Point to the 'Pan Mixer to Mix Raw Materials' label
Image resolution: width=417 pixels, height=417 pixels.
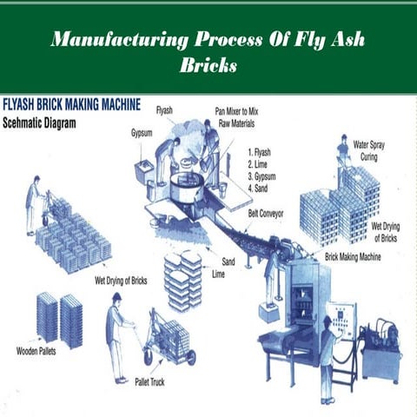coord(240,116)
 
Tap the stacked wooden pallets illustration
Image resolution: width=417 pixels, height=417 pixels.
coord(59,318)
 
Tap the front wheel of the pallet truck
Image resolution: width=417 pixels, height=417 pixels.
coord(190,356)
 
